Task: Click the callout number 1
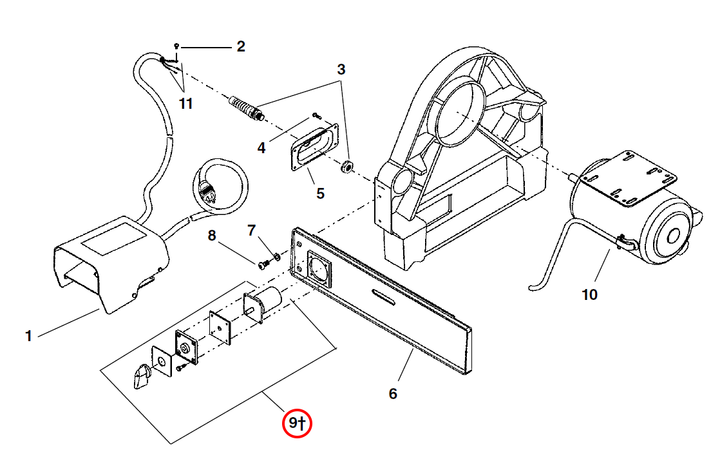(x=28, y=336)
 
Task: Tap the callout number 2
(x=241, y=46)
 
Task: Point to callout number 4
(x=261, y=148)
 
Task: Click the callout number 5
(x=320, y=192)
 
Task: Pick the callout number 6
(x=393, y=393)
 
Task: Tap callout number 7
(x=252, y=230)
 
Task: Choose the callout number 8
(x=212, y=236)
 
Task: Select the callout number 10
(x=589, y=295)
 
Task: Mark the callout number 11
(x=185, y=103)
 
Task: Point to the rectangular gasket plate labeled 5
(x=315, y=147)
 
